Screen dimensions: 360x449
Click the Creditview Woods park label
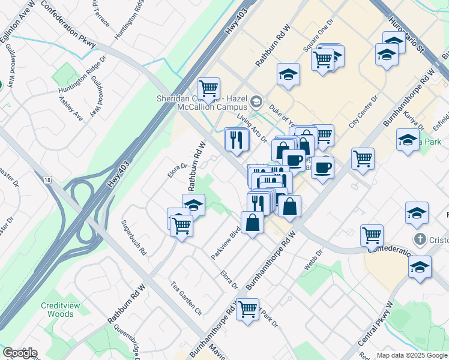click(58, 310)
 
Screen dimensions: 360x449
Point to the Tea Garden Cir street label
click(186, 298)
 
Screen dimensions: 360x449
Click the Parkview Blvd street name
click(226, 243)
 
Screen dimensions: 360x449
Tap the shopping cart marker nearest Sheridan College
click(208, 89)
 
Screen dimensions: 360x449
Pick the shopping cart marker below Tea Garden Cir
click(247, 310)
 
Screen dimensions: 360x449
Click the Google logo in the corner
click(20, 353)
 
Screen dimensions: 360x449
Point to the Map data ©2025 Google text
click(412, 355)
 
